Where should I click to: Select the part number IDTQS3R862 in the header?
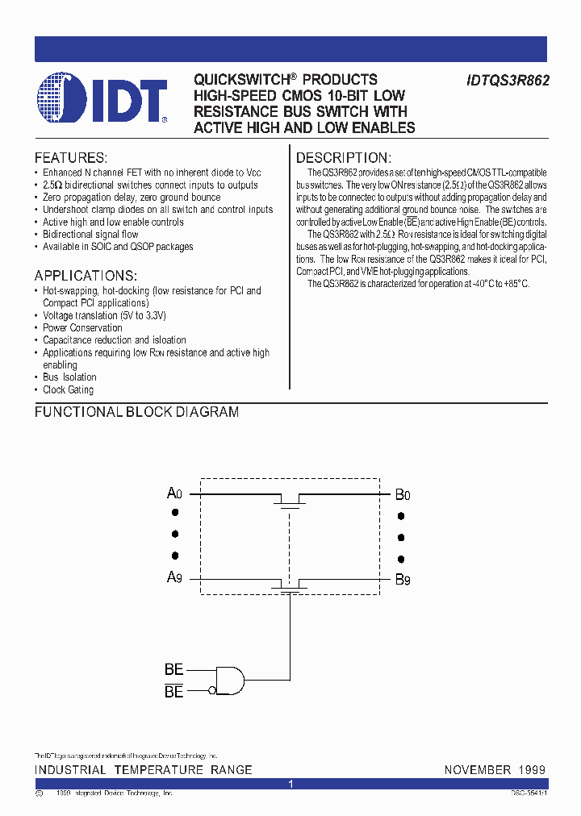click(508, 81)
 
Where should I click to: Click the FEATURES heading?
click(71, 158)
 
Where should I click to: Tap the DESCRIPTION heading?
click(343, 158)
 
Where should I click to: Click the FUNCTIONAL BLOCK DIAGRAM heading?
click(136, 412)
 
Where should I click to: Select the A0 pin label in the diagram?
click(175, 493)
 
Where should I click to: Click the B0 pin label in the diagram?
click(403, 494)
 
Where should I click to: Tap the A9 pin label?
click(175, 577)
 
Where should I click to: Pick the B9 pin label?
click(403, 578)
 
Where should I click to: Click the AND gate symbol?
click(231, 679)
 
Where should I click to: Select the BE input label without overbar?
click(173, 670)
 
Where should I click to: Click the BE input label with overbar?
click(173, 692)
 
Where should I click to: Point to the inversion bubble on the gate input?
click(212, 690)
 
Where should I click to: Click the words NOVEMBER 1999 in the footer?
click(495, 770)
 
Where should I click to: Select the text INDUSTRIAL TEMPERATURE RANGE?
click(144, 770)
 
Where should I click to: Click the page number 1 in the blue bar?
click(290, 784)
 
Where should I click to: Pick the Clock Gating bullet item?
click(68, 390)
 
